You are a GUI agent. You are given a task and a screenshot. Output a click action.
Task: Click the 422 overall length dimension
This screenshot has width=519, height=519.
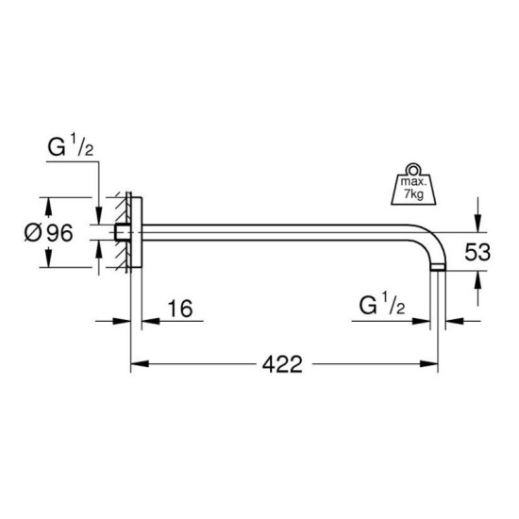coord(282,364)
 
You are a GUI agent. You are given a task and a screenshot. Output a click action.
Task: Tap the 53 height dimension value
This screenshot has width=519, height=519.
coord(477,252)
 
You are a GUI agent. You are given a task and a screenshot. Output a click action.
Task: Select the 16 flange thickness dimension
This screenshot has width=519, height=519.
coord(180,309)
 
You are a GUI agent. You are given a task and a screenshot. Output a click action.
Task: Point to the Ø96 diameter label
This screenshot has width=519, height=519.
coord(49,233)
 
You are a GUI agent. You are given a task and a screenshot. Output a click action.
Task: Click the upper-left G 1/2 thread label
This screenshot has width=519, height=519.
coord(71,146)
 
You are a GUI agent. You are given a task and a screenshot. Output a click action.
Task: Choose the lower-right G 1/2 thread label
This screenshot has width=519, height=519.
coord(382,305)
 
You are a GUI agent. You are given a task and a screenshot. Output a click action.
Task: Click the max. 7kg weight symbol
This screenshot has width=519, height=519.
coord(413,184)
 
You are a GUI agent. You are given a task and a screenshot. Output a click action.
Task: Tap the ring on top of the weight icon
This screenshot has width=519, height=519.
coord(413,169)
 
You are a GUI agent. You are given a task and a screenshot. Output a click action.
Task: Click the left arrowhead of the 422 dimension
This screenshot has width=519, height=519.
coord(140,364)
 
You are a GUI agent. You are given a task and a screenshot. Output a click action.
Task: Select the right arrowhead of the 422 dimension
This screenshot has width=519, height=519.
coord(429,364)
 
